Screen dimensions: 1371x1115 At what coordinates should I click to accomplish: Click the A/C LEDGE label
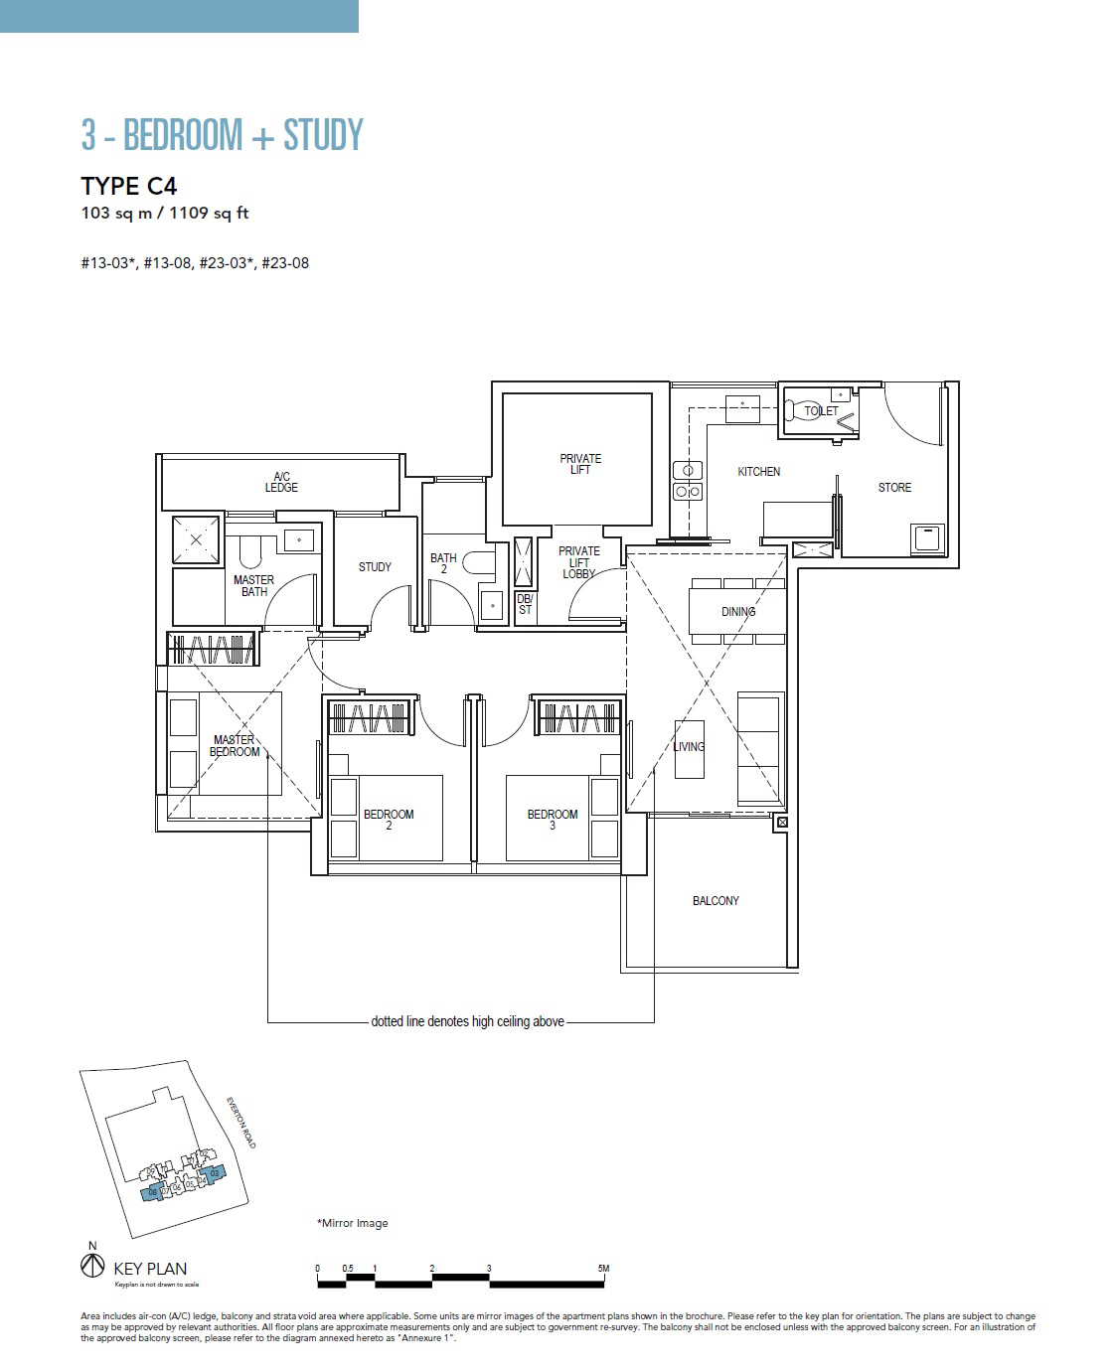tap(281, 482)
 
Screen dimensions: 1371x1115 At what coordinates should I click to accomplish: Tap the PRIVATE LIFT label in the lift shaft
tap(580, 464)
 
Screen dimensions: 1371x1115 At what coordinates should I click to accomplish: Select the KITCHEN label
tap(758, 472)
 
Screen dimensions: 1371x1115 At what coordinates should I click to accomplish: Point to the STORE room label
tap(894, 488)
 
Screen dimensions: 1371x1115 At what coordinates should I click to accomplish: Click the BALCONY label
tap(716, 901)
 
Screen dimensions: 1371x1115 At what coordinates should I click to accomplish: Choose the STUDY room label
tap(375, 567)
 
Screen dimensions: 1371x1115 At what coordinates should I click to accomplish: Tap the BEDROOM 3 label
tap(553, 820)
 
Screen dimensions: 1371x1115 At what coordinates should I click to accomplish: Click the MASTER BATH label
tap(253, 586)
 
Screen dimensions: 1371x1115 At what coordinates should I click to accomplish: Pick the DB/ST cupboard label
tap(525, 604)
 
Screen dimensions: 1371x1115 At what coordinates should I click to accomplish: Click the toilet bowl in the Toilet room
tap(800, 410)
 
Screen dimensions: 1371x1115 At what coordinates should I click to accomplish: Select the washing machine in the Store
tap(927, 538)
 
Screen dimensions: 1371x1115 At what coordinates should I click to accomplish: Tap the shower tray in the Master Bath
tap(197, 540)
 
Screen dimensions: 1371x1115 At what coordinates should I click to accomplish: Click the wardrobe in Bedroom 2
tap(370, 717)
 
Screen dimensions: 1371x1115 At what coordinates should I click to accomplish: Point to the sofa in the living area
tap(759, 749)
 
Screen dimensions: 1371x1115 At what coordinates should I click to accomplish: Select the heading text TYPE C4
tap(129, 187)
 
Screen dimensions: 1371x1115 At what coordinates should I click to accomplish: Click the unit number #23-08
tap(285, 263)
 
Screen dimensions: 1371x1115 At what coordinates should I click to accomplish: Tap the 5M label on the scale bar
tap(603, 1269)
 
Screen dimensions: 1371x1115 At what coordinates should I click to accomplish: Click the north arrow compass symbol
tap(92, 1266)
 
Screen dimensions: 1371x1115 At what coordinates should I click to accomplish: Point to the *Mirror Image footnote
tap(353, 1223)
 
